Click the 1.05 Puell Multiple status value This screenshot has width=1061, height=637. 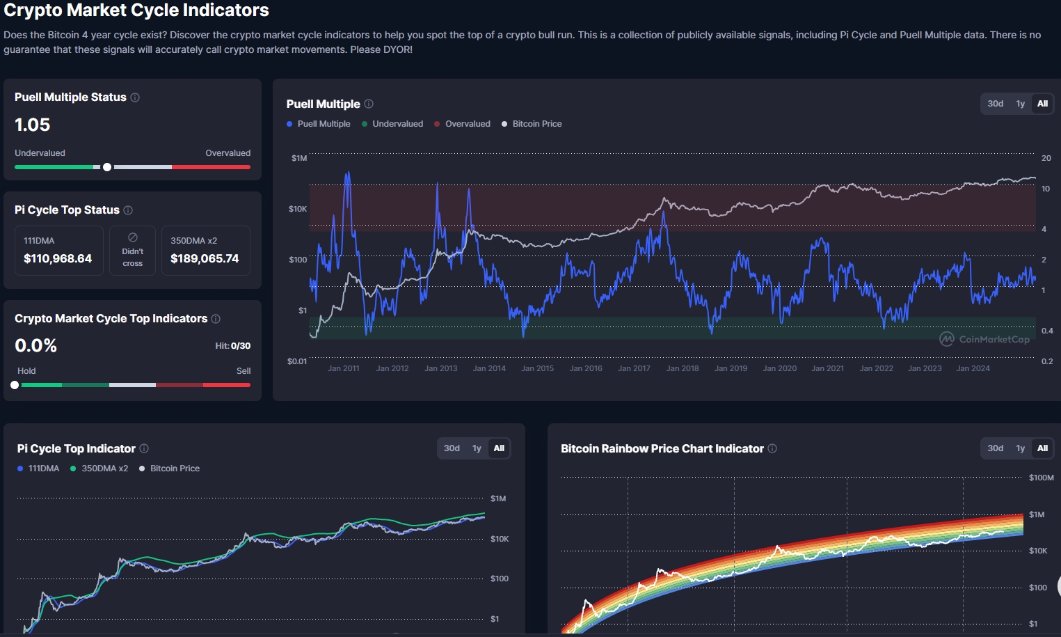32,125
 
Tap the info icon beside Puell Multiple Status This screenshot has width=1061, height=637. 135,97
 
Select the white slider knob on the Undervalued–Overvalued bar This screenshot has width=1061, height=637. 107,167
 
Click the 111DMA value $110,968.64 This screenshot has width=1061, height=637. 58,258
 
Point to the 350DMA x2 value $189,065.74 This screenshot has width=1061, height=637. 205,258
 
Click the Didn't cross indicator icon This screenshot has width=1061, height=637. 133,237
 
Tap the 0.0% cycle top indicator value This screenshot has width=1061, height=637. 35,345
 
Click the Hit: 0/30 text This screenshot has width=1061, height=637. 232,346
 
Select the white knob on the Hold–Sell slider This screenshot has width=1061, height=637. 15,385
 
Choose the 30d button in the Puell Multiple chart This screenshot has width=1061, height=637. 995,103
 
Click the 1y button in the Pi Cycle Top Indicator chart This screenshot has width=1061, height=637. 477,448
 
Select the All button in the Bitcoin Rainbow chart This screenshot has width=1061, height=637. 1042,448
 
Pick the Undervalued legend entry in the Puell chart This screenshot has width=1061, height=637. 392,124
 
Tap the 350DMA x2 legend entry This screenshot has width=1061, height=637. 99,469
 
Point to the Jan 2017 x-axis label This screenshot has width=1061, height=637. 634,368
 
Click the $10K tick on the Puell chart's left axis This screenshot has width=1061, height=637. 298,209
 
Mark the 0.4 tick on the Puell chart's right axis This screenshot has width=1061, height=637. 1047,331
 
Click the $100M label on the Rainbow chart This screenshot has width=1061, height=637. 1041,478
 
